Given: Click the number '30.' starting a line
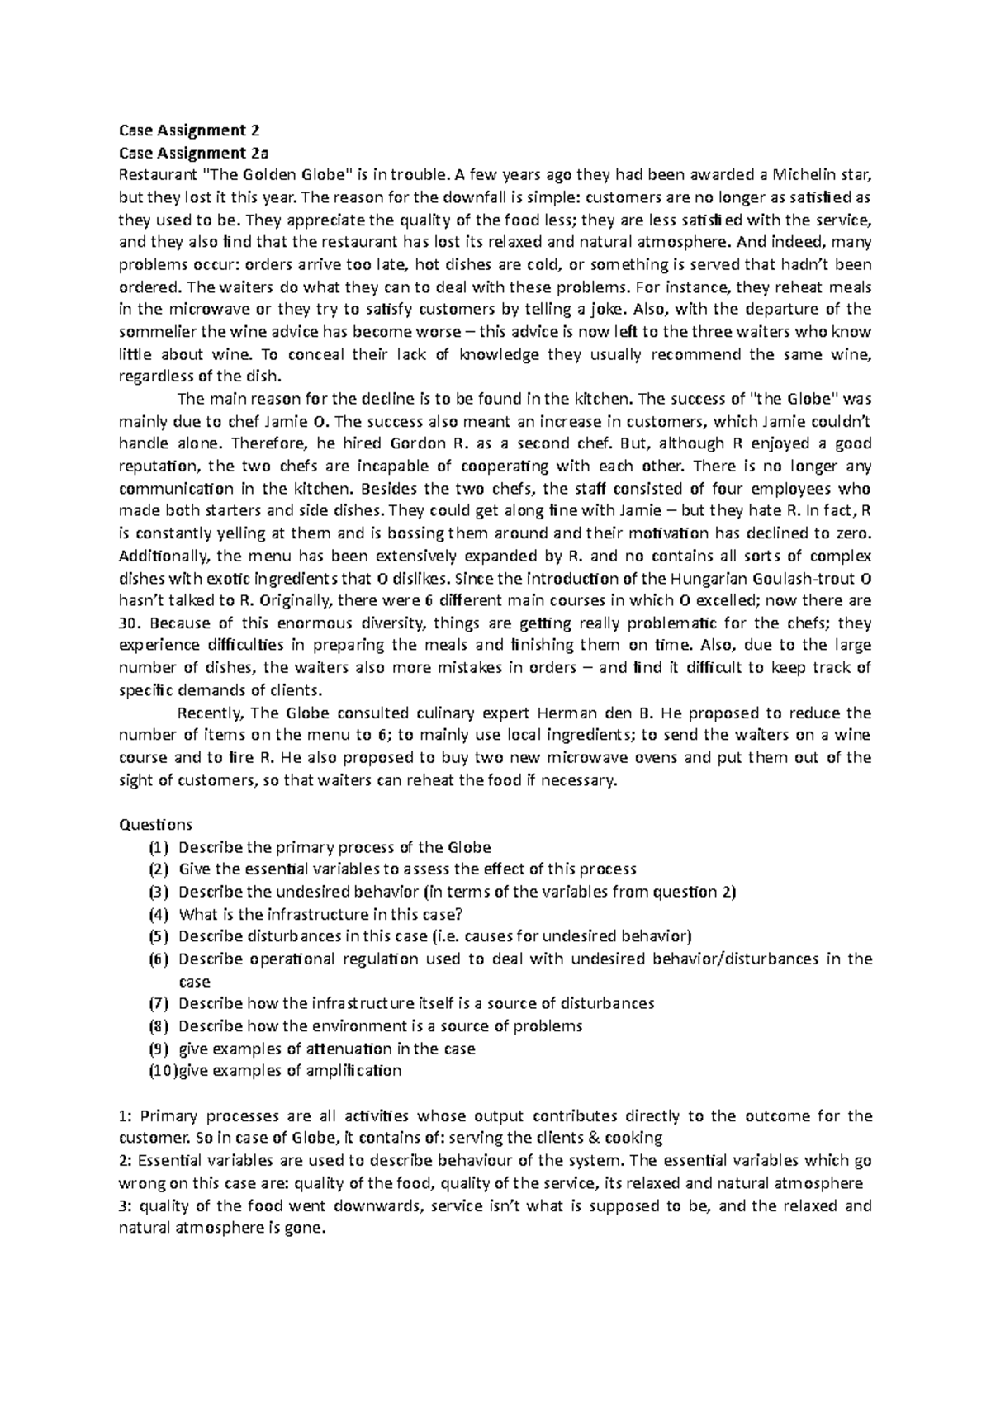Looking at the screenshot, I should (132, 623).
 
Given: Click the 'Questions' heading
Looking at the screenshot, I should (156, 824).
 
